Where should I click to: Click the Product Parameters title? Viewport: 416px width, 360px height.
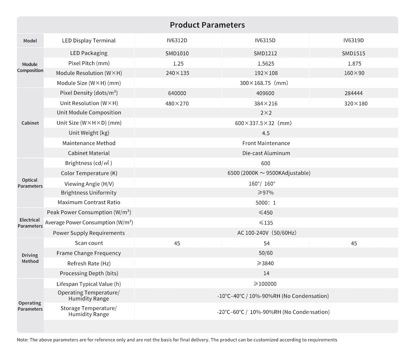coord(207,25)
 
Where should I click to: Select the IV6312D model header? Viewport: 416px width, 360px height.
coord(177,41)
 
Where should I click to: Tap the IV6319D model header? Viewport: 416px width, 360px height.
coord(353,41)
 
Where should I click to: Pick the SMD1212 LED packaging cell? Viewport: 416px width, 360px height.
coord(265,53)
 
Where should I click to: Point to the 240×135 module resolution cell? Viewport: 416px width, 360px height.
coord(177,73)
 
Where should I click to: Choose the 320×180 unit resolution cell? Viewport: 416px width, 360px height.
coord(356,103)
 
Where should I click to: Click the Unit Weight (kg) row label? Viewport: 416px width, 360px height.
coord(89,133)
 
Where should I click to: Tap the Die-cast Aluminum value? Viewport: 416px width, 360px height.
coord(266,153)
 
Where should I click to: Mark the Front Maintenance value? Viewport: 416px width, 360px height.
coord(266,143)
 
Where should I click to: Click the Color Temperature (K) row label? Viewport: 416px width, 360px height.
coord(89,173)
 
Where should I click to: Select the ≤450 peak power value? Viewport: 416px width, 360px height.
coord(265,213)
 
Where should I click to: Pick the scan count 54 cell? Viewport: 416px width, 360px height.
coord(266,243)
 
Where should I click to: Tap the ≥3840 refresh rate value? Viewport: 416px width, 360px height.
coord(265,263)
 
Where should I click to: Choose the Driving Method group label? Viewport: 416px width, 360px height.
coord(30,258)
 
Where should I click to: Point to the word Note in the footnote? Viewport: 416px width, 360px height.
coord(22,340)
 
